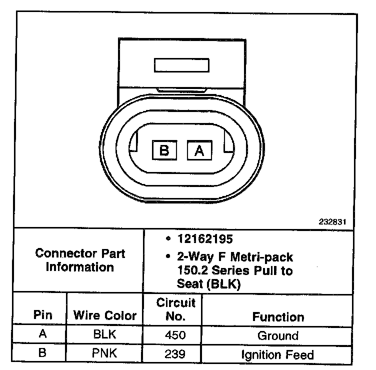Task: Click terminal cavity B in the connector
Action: (164, 150)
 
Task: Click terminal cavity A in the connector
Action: (199, 150)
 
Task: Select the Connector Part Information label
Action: (80, 260)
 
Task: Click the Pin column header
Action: (42, 315)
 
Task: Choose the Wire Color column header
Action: (105, 315)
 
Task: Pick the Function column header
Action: (278, 316)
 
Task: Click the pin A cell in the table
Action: (42, 335)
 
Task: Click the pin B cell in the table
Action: (42, 353)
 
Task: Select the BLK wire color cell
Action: (105, 335)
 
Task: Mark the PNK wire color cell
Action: (105, 354)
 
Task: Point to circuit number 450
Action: (175, 335)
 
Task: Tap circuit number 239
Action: (175, 354)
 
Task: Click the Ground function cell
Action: (278, 335)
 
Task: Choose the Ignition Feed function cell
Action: (278, 354)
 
